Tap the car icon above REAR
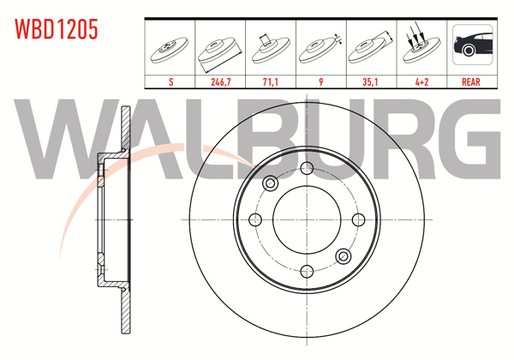(470, 45)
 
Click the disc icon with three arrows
(420, 45)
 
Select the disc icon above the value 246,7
(220, 47)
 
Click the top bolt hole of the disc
(307, 168)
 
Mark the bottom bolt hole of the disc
(307, 271)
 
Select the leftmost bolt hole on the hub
(255, 219)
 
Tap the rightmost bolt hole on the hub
(358, 219)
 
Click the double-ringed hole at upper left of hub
(271, 183)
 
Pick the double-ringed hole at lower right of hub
(343, 255)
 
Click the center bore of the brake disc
(307, 219)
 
